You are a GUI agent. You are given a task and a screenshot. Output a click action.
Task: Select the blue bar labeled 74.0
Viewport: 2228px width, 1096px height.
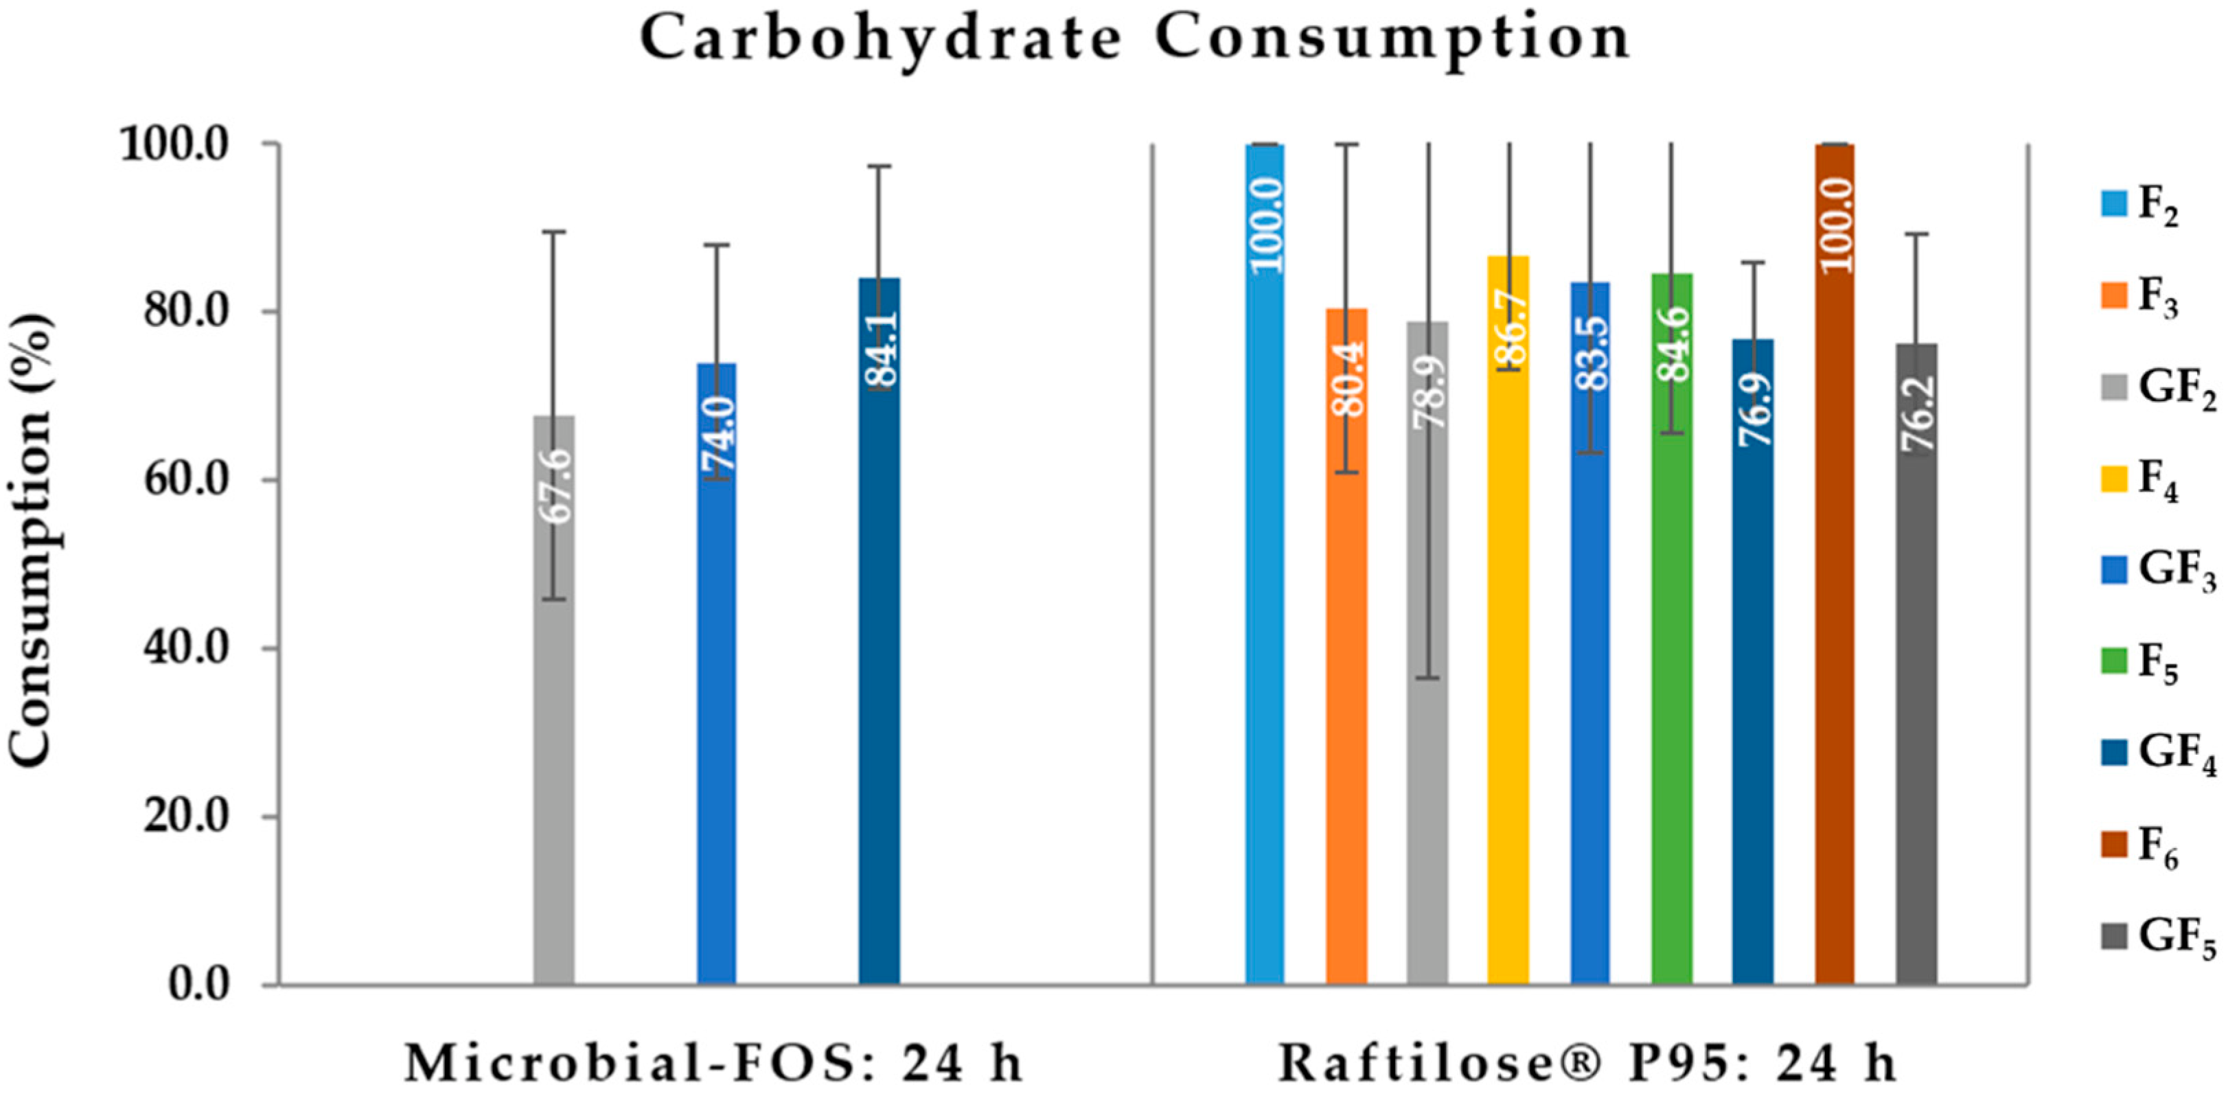[717, 692]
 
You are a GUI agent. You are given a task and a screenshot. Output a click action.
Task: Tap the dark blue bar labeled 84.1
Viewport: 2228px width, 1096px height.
[879, 649]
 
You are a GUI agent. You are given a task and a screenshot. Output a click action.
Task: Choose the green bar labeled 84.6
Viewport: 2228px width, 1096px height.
[1671, 649]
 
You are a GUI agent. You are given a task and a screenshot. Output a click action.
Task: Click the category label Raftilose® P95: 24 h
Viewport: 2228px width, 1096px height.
[1588, 1064]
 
